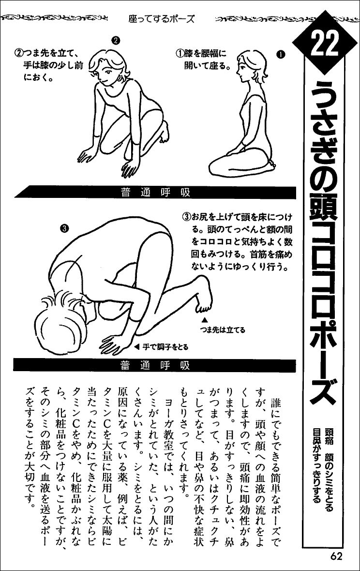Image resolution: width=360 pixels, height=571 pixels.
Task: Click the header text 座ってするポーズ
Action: tap(162, 19)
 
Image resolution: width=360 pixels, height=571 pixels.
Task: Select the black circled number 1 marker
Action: tap(281, 54)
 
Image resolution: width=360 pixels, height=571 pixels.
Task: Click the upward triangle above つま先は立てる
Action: tap(204, 320)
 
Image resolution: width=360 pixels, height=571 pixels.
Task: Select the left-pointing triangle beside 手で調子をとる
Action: tap(137, 346)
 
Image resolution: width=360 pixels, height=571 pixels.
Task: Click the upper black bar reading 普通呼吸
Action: tap(155, 192)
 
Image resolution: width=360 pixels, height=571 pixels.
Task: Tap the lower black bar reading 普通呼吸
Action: tap(155, 364)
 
